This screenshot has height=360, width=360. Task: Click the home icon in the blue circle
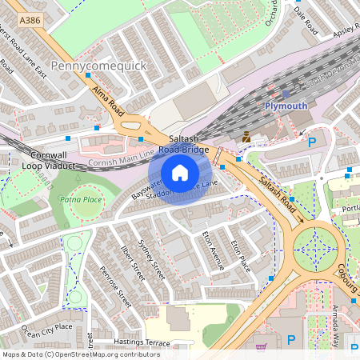coord(180,172)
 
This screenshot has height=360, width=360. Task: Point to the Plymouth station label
coord(286,106)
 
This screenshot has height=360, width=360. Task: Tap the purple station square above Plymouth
coord(286,94)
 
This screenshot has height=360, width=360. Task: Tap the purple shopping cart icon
coord(261,348)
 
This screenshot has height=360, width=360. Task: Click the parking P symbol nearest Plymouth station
coord(312,142)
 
